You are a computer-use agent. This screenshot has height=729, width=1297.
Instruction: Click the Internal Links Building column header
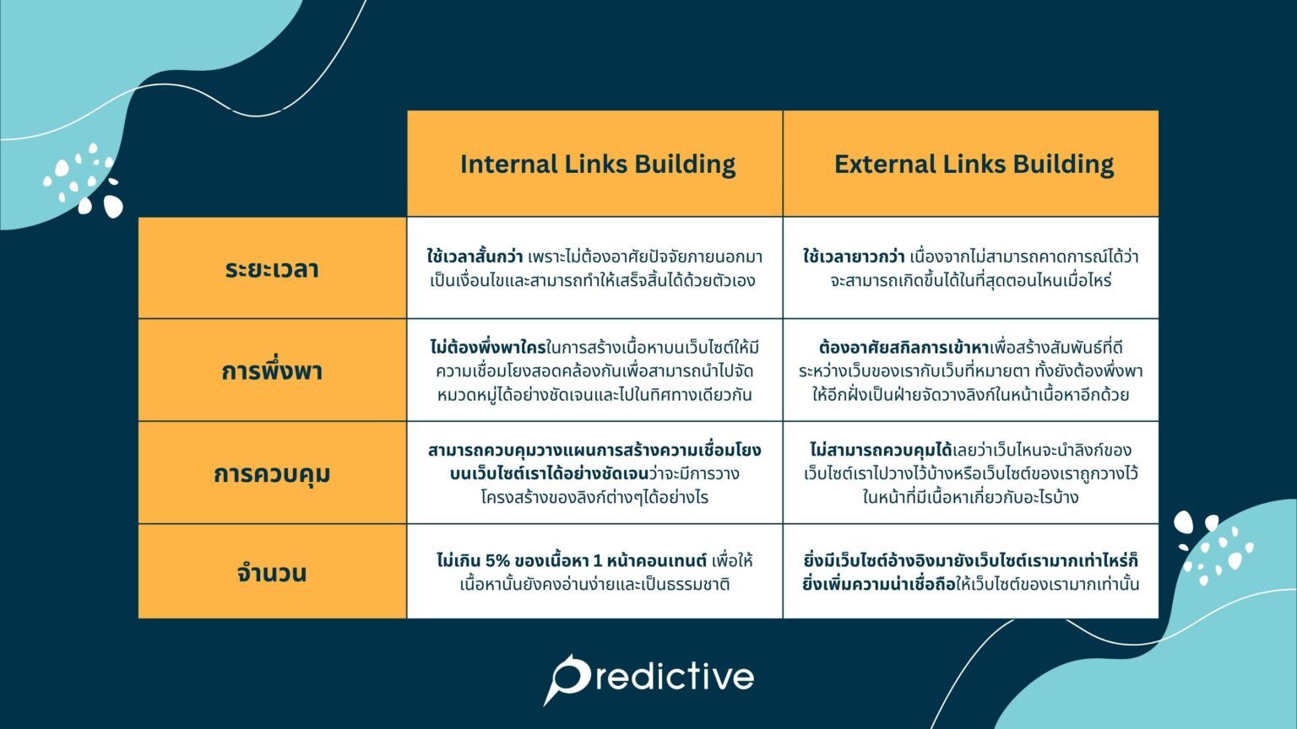pos(596,164)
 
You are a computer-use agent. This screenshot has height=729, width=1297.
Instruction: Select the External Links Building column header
pos(973,164)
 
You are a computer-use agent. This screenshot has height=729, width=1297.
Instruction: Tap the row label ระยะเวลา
pos(272,269)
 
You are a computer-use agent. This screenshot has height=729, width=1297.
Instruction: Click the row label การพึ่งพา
pos(272,370)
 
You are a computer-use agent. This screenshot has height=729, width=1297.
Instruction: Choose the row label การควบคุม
pos(272,472)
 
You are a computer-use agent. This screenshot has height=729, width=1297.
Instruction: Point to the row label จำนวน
pos(272,573)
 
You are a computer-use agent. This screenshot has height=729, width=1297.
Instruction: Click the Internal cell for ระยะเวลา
pos(594,268)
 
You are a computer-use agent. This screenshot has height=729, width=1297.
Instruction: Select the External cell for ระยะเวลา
pos(970,268)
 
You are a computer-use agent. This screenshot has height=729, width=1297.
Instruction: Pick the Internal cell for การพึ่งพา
pos(594,370)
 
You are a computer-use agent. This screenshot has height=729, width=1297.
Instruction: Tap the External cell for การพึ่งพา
pos(970,370)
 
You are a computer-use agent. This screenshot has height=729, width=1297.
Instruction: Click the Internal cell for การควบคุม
pos(594,472)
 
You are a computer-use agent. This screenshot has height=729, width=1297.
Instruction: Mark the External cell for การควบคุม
pos(970,472)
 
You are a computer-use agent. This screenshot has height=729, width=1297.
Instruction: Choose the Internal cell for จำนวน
pos(594,572)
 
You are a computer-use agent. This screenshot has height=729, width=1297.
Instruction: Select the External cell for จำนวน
pos(970,572)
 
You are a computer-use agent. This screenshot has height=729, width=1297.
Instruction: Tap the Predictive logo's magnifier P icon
pos(567,678)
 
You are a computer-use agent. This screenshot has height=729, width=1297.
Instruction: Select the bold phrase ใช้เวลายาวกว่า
pos(853,256)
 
